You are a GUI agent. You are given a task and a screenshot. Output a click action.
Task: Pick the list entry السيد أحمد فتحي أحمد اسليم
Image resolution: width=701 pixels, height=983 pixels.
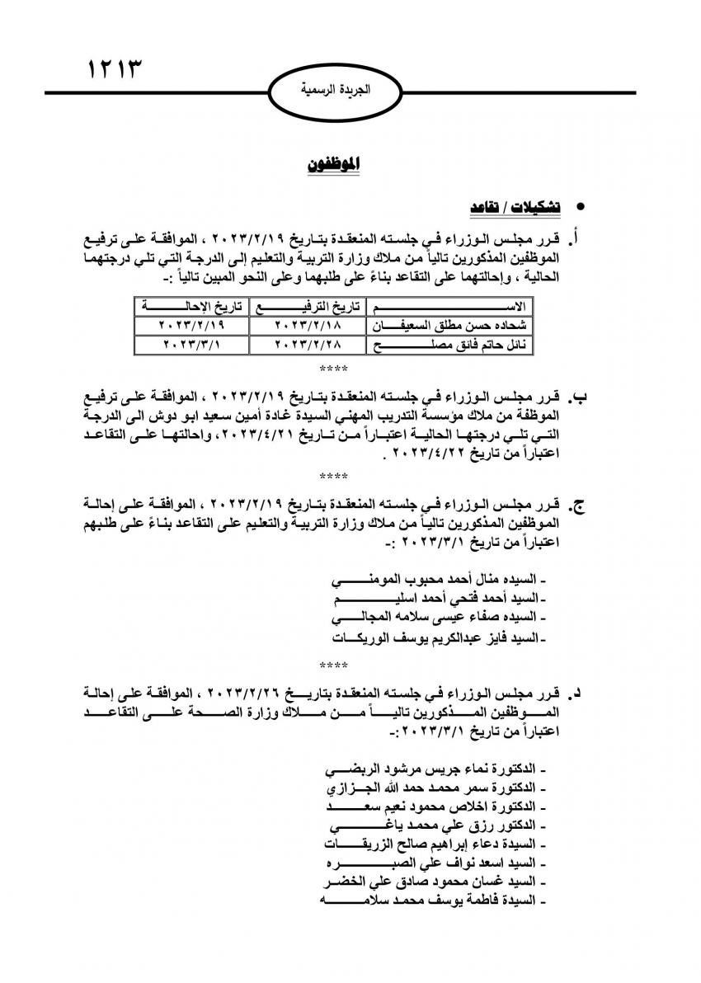436,597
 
